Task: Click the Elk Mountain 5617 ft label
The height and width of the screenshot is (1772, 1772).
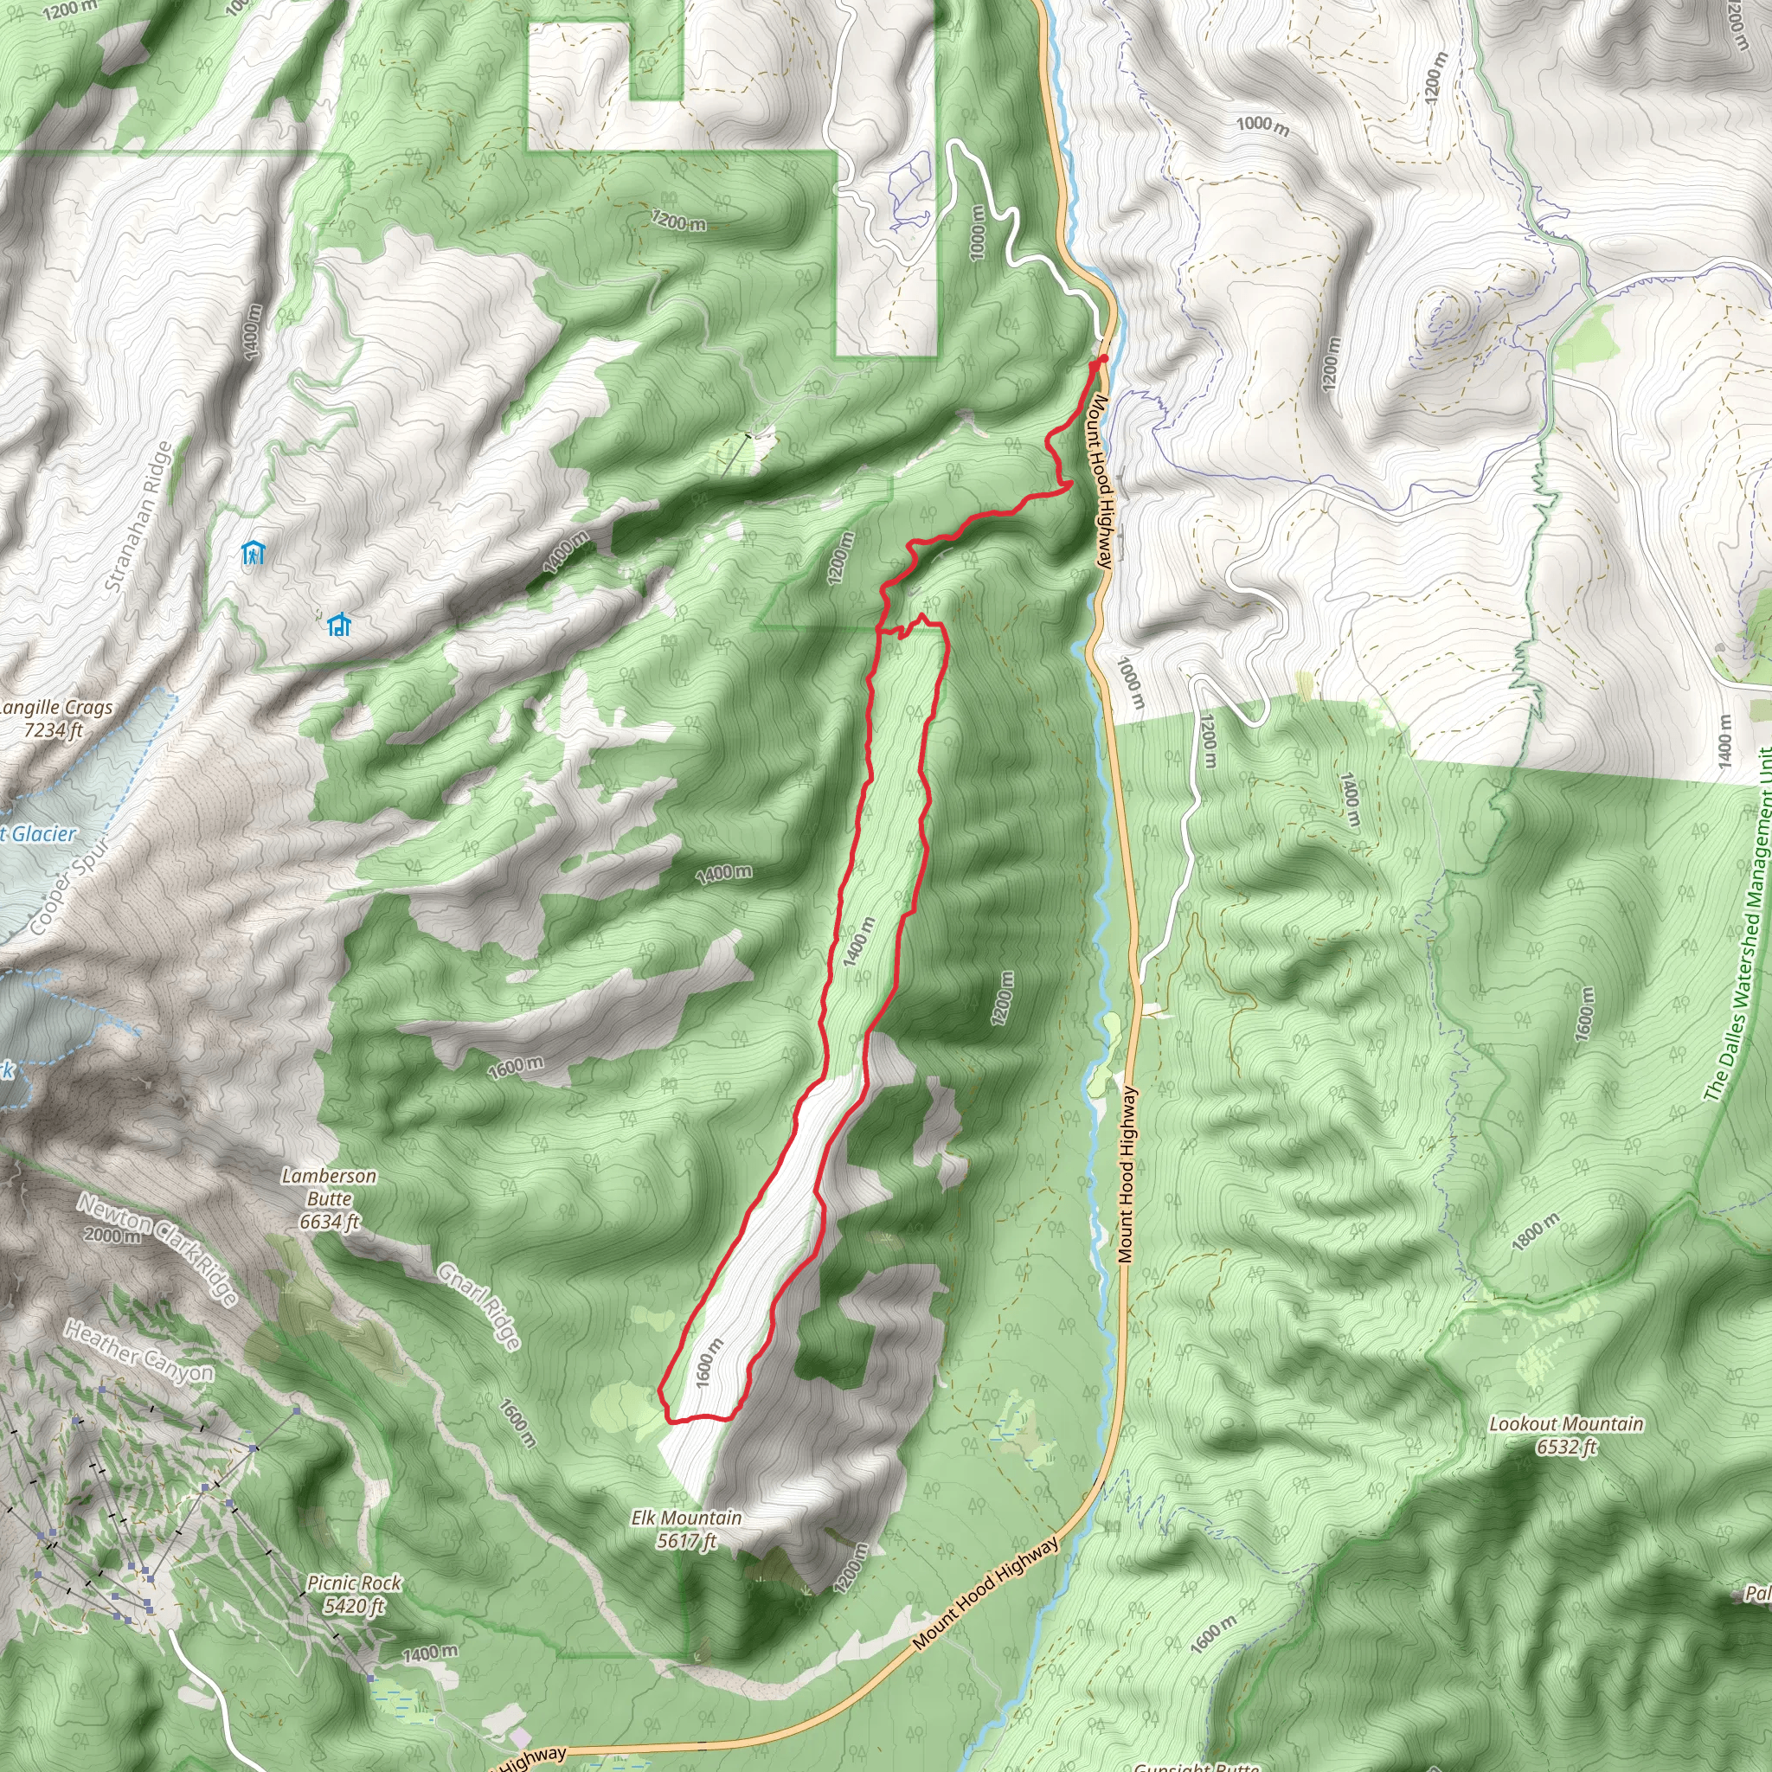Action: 686,1529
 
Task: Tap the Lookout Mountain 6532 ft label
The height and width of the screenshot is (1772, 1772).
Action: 1565,1435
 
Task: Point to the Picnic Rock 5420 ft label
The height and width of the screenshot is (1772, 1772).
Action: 354,1593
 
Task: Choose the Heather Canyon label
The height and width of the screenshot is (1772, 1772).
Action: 139,1351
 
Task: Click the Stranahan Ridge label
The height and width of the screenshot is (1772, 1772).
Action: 138,517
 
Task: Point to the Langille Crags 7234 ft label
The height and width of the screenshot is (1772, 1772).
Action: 55,718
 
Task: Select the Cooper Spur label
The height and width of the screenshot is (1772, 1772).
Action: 70,886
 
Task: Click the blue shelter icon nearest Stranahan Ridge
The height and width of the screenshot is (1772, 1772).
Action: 254,553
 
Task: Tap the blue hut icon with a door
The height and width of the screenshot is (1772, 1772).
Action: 339,626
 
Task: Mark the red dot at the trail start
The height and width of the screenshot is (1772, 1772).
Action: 1104,358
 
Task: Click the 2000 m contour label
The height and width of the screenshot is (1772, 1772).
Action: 112,1236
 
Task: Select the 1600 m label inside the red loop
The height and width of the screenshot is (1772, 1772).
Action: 709,1362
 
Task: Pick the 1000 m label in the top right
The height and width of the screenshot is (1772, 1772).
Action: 1262,125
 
